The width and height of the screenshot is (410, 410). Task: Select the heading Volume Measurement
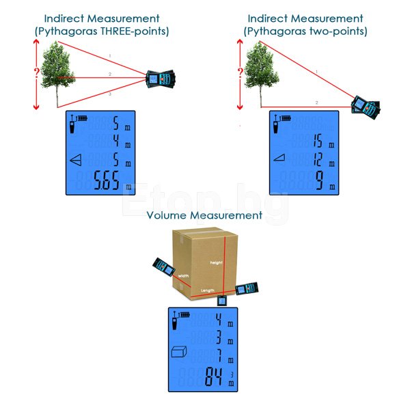[204, 215]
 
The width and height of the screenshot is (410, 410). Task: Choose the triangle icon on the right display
[279, 159]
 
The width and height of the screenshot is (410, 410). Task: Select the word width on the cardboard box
[183, 276]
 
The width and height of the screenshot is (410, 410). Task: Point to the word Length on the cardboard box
[207, 290]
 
